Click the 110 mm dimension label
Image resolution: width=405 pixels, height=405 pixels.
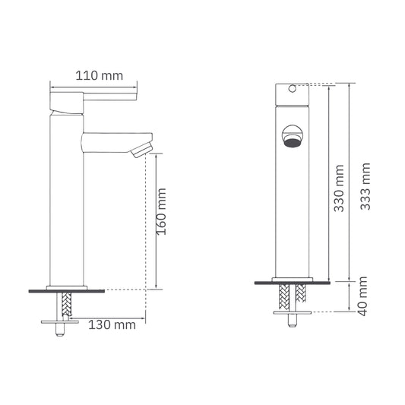(x=100, y=76)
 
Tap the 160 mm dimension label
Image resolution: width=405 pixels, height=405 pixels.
(x=161, y=212)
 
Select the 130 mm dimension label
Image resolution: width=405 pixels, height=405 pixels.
(x=112, y=324)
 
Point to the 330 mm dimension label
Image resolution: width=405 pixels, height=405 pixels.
(x=339, y=188)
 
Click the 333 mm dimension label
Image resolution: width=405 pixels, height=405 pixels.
(x=365, y=186)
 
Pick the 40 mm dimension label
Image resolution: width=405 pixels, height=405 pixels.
(x=362, y=296)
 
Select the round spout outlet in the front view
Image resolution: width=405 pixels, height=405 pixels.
(x=292, y=136)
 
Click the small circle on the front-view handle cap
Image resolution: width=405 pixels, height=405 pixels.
(x=292, y=89)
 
